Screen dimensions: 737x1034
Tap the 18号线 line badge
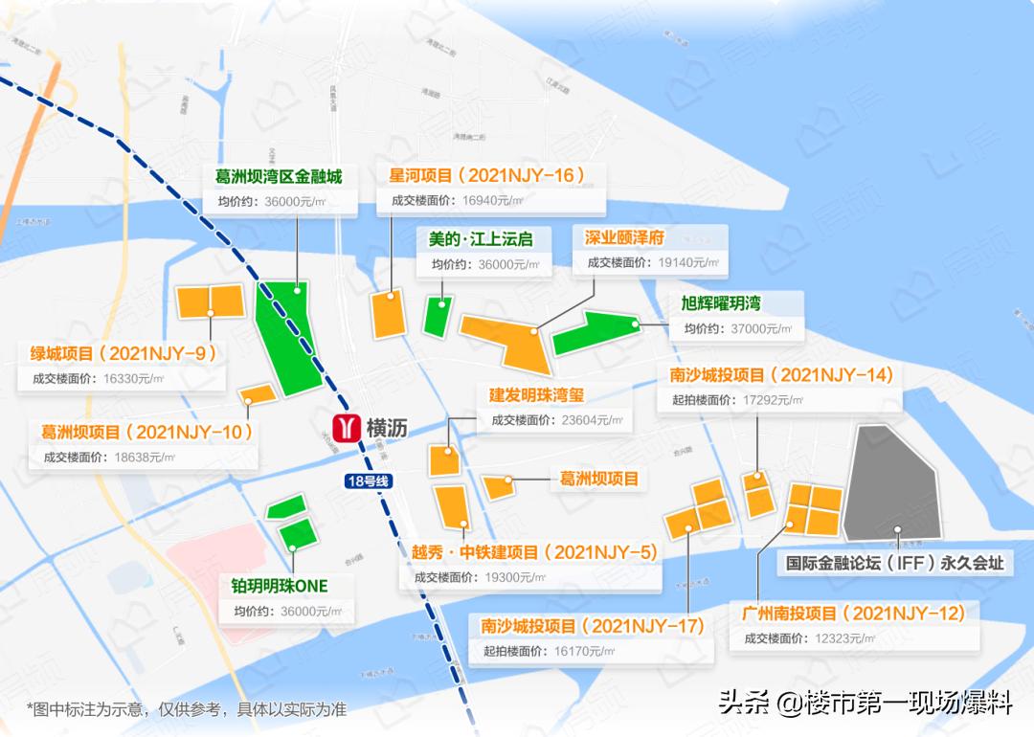pyautogui.click(x=368, y=481)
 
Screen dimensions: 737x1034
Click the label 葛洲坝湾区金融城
pyautogui.click(x=279, y=176)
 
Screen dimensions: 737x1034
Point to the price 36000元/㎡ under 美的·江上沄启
pyautogui.click(x=507, y=265)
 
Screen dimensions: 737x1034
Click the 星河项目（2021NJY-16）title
pyautogui.click(x=486, y=175)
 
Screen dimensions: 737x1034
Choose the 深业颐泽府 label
pyautogui.click(x=624, y=237)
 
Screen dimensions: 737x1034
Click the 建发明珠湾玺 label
pyautogui.click(x=536, y=394)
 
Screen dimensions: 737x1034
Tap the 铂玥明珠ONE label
pyautogui.click(x=280, y=586)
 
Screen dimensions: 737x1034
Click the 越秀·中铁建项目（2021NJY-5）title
pyautogui.click(x=535, y=552)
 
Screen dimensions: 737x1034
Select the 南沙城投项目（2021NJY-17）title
pyautogui.click(x=593, y=626)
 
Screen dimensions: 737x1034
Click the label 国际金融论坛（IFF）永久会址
pyautogui.click(x=895, y=563)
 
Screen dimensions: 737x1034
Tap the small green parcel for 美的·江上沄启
pyautogui.click(x=438, y=316)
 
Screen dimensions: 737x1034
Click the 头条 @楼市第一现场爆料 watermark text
pyautogui.click(x=865, y=703)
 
